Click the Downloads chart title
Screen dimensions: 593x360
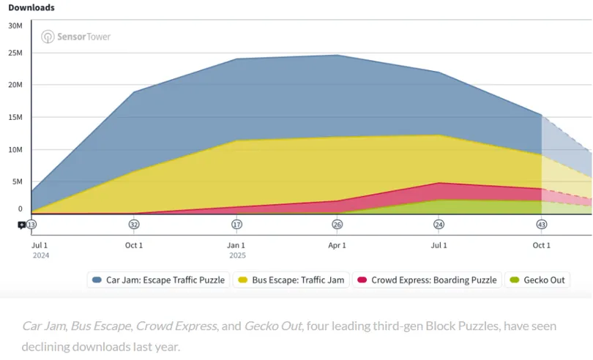pos(31,7)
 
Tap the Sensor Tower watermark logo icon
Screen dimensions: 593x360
pos(48,37)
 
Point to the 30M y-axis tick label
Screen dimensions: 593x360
pos(15,26)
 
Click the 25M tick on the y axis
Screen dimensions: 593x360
pos(15,53)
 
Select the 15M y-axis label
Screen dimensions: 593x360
pos(15,117)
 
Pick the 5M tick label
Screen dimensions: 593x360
pos(18,182)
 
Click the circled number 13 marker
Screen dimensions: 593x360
pos(31,225)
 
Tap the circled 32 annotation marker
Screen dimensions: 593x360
pos(134,225)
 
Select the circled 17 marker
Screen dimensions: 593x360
pos(236,225)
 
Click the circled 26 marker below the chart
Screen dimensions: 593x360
pos(337,225)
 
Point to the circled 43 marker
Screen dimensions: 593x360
pos(542,225)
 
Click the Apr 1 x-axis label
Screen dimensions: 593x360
pos(337,245)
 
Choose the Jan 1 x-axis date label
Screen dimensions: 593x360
pos(236,245)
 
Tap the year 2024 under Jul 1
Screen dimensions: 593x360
pos(41,255)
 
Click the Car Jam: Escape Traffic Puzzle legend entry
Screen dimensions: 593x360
pos(158,280)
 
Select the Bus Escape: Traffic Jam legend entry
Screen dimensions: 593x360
pos(291,280)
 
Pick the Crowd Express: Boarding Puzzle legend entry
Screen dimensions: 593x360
pos(427,280)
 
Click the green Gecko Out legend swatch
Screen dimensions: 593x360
pos(515,280)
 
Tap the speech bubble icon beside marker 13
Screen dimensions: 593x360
pos(21,226)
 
